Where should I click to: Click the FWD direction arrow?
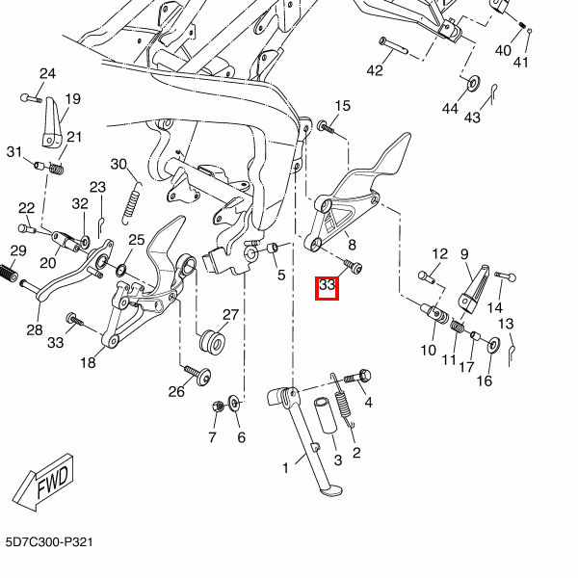point(43,483)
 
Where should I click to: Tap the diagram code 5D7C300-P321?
point(49,542)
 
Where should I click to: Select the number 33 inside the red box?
point(327,285)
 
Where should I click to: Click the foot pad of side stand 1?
point(330,491)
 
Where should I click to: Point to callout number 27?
point(231,315)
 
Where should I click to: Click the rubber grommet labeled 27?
point(213,342)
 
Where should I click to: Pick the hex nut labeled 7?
point(217,407)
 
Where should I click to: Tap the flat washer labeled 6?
point(234,403)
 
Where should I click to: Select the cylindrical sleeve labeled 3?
point(326,415)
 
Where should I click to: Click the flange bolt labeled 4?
point(357,377)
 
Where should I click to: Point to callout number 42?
point(375,70)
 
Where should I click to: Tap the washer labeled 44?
point(473,83)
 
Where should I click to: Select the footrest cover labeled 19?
point(51,122)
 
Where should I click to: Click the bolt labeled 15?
point(326,127)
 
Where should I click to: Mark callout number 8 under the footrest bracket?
point(352,245)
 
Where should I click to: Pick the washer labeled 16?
point(493,344)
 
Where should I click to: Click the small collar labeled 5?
point(273,248)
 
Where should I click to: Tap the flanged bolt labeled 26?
point(197,375)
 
